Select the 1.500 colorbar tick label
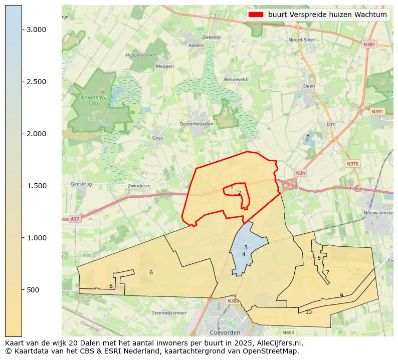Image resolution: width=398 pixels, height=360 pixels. point(37,186)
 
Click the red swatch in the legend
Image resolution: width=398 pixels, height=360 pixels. point(256,15)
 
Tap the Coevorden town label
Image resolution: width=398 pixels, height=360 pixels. point(225,332)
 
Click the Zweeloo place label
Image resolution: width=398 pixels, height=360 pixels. point(211,37)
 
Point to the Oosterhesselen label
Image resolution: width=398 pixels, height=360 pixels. point(196,124)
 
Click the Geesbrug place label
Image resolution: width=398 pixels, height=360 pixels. point(81,184)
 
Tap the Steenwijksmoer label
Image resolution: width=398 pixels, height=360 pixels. point(169,313)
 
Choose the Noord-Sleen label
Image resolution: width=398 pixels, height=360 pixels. point(302,40)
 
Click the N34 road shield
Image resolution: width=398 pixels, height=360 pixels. point(300,173)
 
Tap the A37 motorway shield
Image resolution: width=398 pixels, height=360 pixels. point(75,219)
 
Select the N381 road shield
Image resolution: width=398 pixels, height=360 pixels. point(369,45)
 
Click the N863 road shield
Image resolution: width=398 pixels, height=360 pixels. point(288,332)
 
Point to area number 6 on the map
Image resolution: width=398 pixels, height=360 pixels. point(151,272)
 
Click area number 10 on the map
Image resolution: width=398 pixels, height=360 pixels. point(308,312)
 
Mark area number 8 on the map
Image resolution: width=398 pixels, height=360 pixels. point(111,286)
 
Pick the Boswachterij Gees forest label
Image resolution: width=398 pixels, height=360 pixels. point(93,100)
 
